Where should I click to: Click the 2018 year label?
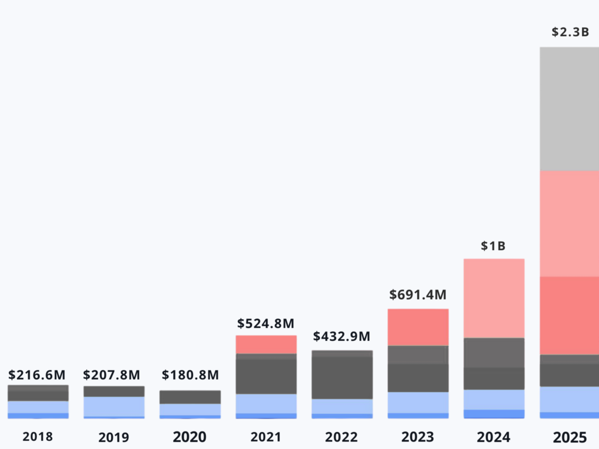pos(38,437)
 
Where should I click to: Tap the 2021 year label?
pos(266,437)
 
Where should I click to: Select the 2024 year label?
pos(494,437)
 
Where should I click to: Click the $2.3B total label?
pos(570,32)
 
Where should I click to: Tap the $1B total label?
pos(493,246)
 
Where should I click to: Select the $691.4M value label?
pos(418,295)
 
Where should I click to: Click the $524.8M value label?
pos(266,323)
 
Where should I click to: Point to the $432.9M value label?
pos(342,337)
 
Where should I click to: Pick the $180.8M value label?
pos(190,374)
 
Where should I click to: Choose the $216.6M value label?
pos(37,374)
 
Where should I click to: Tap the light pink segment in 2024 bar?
pos(494,298)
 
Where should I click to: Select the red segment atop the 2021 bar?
pos(266,344)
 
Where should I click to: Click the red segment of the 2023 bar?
pos(418,327)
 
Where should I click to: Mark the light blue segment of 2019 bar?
pos(114,406)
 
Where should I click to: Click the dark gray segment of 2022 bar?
pos(342,377)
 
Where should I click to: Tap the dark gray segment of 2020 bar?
pos(190,397)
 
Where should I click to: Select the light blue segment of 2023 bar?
pos(418,402)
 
